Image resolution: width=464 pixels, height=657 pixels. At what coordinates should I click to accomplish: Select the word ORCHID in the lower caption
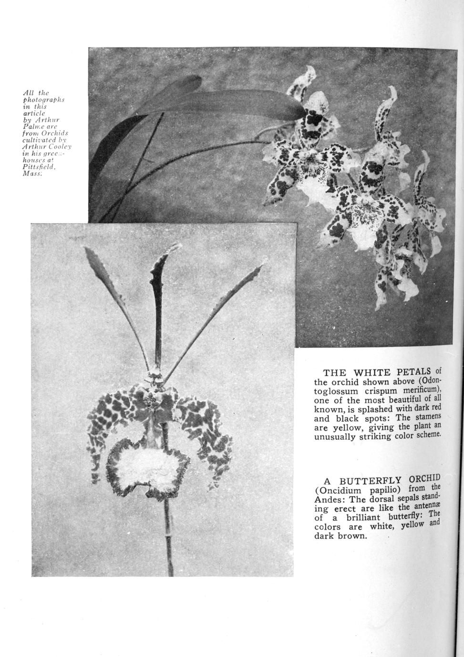click(423, 478)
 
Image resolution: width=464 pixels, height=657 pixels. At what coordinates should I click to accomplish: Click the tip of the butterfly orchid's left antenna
click(87, 249)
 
